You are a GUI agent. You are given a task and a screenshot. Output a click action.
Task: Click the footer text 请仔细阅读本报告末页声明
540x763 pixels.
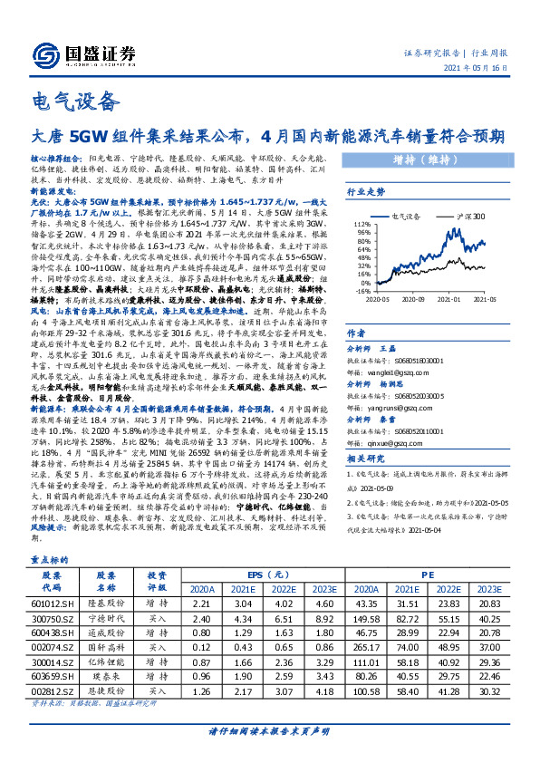(269, 731)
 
